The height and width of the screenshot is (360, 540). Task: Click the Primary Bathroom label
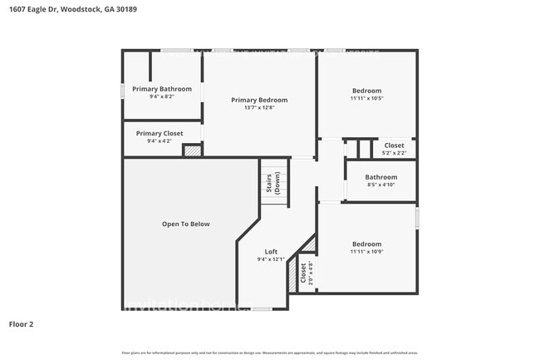[162, 89]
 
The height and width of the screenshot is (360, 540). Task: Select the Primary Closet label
[160, 133]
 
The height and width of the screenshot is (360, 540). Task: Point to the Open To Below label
[185, 224]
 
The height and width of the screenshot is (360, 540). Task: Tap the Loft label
[271, 251]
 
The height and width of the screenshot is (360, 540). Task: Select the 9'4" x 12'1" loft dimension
[271, 259]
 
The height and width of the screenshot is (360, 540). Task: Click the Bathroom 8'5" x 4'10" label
[381, 177]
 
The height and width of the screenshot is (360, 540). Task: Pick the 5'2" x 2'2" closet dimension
[394, 153]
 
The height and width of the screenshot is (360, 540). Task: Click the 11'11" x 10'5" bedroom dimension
[366, 98]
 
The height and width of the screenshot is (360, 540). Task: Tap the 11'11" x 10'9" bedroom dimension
[366, 252]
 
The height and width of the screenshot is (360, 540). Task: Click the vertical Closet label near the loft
[302, 274]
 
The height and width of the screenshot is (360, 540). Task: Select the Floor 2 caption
[21, 323]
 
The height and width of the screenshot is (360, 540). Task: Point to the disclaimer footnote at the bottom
[270, 353]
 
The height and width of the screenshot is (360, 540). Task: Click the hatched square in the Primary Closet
[192, 151]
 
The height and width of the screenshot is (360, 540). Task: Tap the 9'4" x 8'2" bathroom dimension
[162, 96]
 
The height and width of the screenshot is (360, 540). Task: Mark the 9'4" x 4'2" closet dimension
[160, 141]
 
